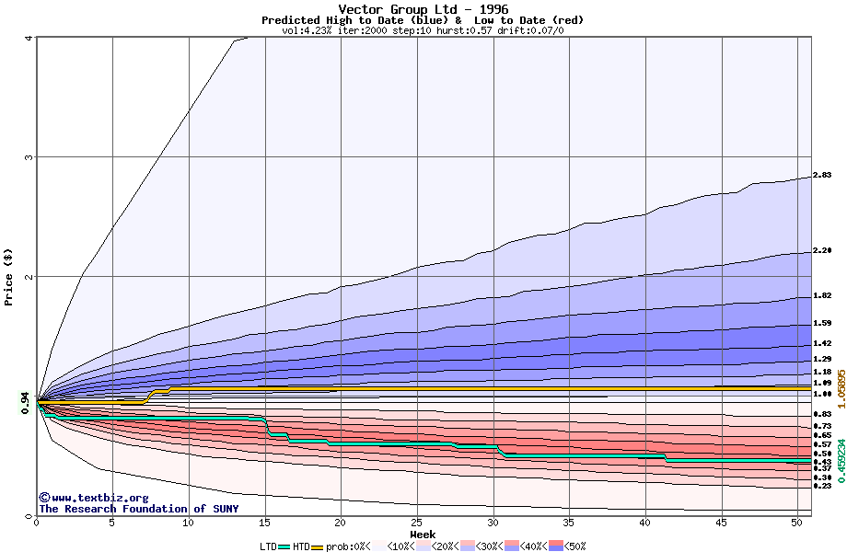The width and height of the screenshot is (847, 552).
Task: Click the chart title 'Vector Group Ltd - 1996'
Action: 423,9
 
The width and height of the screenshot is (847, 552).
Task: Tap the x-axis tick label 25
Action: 417,523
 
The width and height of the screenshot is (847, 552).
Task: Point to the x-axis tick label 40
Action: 645,523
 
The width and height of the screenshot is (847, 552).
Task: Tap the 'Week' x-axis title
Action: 423,534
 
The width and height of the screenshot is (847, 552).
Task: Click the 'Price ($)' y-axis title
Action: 9,276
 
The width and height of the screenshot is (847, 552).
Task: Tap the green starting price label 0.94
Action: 25,398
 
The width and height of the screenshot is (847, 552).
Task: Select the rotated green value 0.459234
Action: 841,459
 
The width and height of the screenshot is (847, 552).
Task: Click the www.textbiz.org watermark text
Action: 87,498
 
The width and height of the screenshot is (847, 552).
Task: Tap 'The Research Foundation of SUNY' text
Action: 138,509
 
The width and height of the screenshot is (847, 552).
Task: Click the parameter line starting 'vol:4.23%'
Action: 423,30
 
